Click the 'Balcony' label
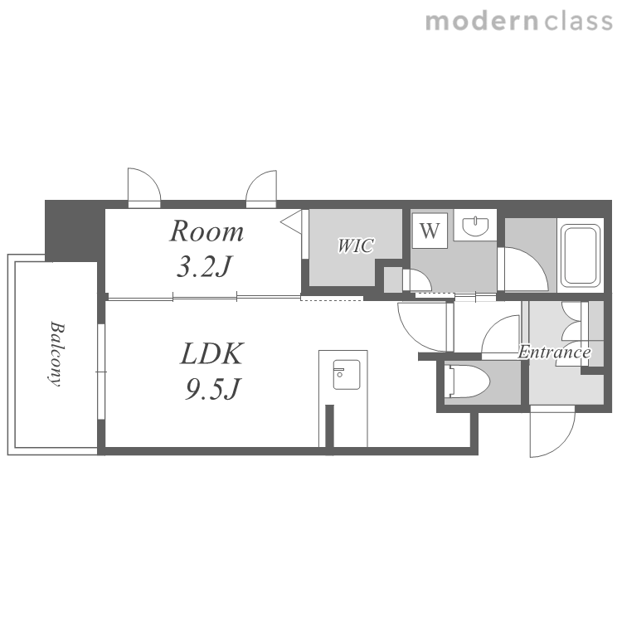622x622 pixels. pos(56,353)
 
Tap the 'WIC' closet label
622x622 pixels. pos(356,245)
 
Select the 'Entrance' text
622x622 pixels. pos(555,352)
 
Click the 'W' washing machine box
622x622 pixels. pos(430,231)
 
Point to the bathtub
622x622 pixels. pos(580,255)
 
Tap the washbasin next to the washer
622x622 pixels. pos(475,226)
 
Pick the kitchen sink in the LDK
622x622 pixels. pos(347,375)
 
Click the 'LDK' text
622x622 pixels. pos(211,354)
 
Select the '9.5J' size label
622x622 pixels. pos(212,389)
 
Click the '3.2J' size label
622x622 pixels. pos(203,266)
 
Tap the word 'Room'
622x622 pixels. pos(207,231)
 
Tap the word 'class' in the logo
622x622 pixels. pos(578,21)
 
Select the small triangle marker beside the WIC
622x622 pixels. pos(293,221)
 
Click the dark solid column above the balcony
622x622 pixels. pos(75,231)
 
